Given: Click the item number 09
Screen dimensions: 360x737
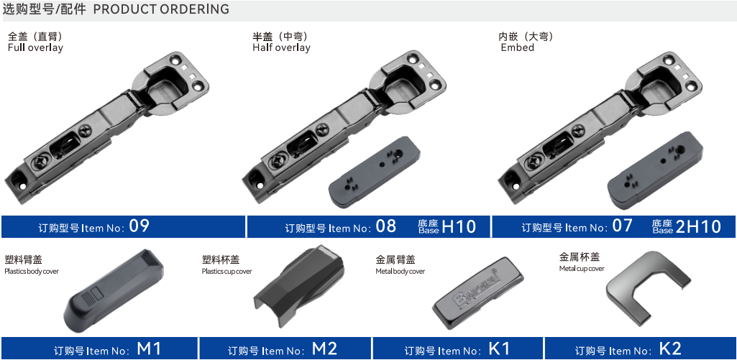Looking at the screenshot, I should point(139,226).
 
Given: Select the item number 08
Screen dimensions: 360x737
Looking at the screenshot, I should point(386,226).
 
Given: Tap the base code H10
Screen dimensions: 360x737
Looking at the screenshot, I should point(459,226).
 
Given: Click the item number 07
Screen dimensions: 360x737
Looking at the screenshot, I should point(623,226).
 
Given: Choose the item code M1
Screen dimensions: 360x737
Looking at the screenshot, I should point(149,349).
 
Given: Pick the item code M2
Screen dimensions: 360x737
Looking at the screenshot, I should point(324,349).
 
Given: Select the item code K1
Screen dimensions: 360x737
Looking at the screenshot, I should point(499,349).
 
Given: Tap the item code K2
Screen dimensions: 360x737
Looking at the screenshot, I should point(670,349).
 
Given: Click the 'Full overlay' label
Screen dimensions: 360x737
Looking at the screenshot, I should point(35,48).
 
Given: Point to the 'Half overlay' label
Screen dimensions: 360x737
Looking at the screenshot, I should point(281,48).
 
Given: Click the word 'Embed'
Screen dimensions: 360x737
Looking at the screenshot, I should point(518,48).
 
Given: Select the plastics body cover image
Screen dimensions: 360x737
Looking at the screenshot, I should point(114,291).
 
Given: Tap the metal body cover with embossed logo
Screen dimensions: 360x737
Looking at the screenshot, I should point(477,293).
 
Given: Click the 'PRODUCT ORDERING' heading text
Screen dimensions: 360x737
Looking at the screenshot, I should point(162,9).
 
